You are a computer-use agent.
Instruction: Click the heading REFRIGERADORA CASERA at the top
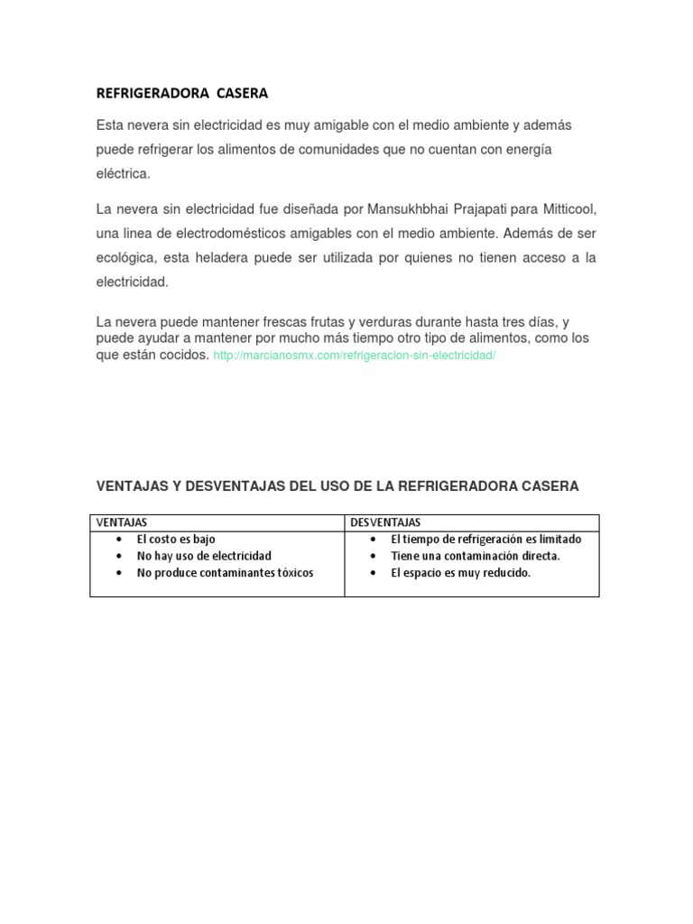pos(182,93)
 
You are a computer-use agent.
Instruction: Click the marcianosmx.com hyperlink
pos(355,356)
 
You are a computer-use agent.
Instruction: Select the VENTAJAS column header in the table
pos(123,522)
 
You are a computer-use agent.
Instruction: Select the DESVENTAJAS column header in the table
pos(385,522)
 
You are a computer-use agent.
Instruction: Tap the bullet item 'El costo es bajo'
pos(176,539)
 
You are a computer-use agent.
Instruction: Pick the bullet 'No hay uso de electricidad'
pos(204,556)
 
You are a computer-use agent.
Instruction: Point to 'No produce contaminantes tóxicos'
pos(225,573)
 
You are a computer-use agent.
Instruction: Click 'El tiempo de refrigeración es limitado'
pos(485,539)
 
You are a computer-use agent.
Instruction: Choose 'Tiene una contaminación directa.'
pos(475,556)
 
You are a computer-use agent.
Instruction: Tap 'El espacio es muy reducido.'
pos(460,573)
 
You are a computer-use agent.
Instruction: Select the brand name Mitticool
pos(568,209)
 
